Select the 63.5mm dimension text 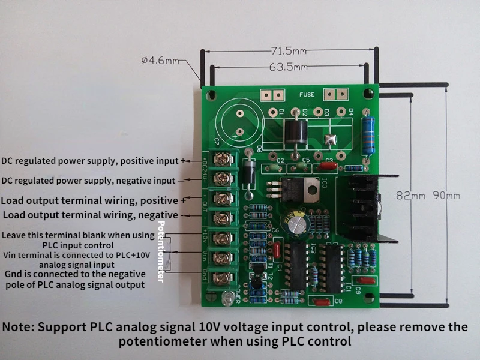coord(289,68)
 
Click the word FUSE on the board coord(307,95)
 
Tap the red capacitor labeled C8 coord(322,302)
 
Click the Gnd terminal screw coord(223,278)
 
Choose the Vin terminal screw coord(223,259)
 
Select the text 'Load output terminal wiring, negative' coord(90,215)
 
